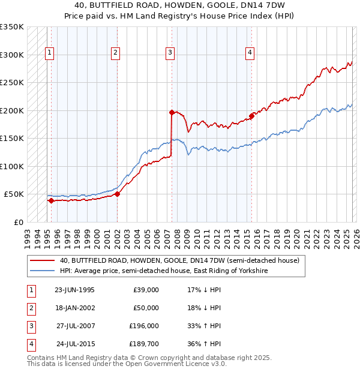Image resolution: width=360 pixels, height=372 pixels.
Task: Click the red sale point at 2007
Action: click(x=172, y=112)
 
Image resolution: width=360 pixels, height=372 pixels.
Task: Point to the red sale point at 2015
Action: click(x=251, y=116)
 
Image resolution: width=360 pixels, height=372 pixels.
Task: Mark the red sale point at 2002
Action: click(x=118, y=194)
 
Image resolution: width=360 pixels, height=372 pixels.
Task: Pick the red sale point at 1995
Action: click(x=51, y=200)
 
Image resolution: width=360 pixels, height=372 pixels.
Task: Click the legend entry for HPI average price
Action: click(x=163, y=271)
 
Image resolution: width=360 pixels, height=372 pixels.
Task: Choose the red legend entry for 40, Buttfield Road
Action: click(x=179, y=260)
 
